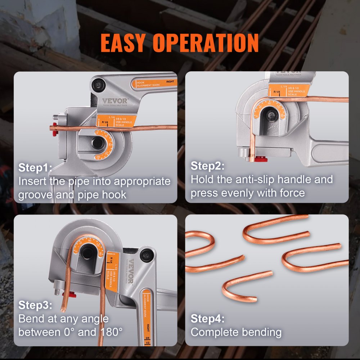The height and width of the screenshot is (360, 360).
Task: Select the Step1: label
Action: pos(35,167)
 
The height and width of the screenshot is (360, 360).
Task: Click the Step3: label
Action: pos(35,306)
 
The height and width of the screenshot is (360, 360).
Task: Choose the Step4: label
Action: pos(207,319)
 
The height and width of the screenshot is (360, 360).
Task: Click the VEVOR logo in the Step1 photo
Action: pos(114,101)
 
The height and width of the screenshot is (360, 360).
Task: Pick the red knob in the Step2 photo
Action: pos(260,159)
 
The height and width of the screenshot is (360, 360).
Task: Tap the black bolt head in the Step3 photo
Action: pos(146,255)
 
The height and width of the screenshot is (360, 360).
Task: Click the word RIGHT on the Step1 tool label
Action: pos(171,82)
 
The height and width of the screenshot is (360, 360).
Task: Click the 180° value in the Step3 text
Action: pos(111,332)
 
